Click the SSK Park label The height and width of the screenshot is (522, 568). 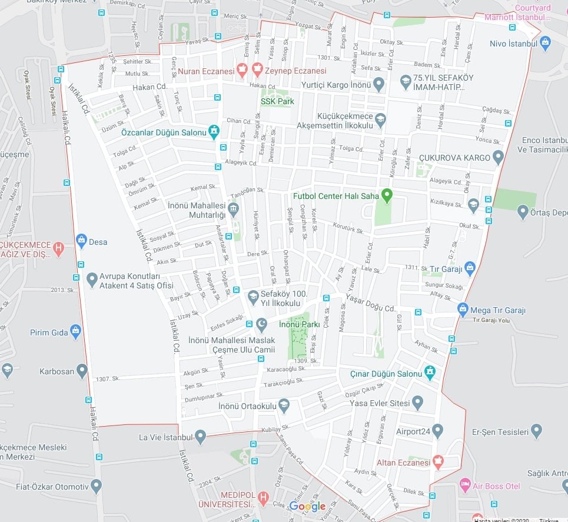[277, 101]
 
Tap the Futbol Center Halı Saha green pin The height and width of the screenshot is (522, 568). [387, 194]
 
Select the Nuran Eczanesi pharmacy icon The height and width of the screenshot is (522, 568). [241, 71]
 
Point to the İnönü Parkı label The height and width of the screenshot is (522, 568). [299, 324]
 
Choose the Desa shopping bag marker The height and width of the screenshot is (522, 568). [81, 240]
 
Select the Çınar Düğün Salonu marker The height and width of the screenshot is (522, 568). [430, 373]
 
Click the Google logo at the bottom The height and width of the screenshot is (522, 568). [307, 506]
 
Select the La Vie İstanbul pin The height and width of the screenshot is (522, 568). [200, 437]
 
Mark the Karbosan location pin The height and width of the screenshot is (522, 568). [82, 371]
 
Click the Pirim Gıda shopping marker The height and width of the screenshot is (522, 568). [75, 332]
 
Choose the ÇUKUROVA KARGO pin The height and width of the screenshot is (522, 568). [498, 157]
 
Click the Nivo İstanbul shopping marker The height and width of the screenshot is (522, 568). [545, 43]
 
